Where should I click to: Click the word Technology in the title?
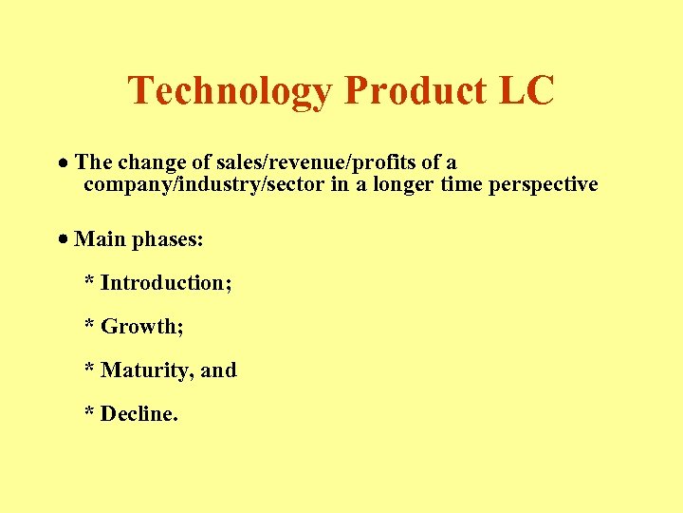[231, 91]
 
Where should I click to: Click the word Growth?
[142, 327]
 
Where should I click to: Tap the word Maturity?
[147, 370]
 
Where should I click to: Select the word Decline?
[139, 414]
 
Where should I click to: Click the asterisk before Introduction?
[89, 282]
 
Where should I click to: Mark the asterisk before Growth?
[89, 326]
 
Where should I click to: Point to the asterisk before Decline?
[89, 413]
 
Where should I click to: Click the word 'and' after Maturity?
[218, 370]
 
